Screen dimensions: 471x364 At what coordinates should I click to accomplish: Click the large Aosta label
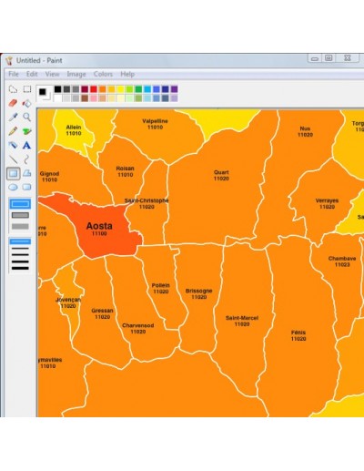99,225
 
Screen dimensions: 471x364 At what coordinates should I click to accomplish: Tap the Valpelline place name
155,120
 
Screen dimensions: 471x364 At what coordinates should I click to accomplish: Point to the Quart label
221,172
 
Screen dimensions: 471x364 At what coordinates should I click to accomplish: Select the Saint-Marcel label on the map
242,318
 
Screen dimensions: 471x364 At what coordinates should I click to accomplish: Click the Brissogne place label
198,291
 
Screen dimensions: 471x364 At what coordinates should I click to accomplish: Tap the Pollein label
160,285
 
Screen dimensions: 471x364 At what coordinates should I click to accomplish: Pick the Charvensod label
137,325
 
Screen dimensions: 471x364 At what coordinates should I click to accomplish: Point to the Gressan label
102,311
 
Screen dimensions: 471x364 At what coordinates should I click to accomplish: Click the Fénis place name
298,333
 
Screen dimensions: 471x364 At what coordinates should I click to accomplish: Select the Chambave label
342,258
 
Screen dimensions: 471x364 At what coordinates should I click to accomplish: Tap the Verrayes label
327,200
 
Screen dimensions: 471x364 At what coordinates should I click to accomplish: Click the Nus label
305,128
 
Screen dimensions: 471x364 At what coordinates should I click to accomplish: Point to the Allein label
74,128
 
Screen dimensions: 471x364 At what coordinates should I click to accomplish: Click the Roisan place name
125,168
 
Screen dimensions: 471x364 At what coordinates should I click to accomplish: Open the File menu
14,74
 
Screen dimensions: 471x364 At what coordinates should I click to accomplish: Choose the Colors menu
103,74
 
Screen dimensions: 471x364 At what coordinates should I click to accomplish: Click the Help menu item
127,74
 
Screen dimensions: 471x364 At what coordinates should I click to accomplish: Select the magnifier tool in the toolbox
27,117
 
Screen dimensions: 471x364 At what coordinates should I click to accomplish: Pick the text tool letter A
27,145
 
